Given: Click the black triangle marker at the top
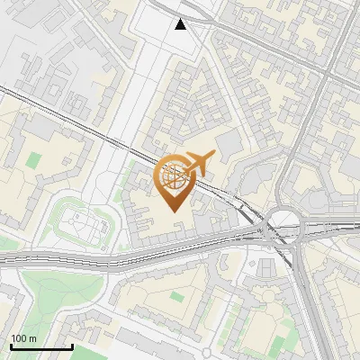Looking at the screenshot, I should point(181,24).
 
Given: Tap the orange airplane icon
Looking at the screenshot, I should point(199,163).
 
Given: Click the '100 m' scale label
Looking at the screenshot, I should point(23,338).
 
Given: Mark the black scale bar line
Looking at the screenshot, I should point(40,346).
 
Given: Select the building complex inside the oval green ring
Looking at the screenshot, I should point(83,222).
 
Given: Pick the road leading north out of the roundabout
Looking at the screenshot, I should point(286,180).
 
